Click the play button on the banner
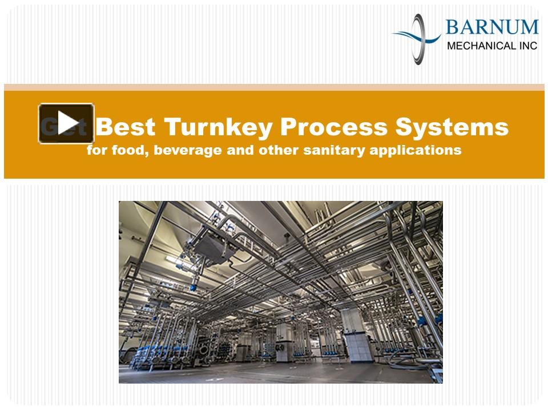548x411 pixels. click(x=66, y=123)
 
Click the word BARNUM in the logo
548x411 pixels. click(x=491, y=27)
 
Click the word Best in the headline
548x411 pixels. click(x=126, y=127)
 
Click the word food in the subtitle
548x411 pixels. click(x=120, y=151)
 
